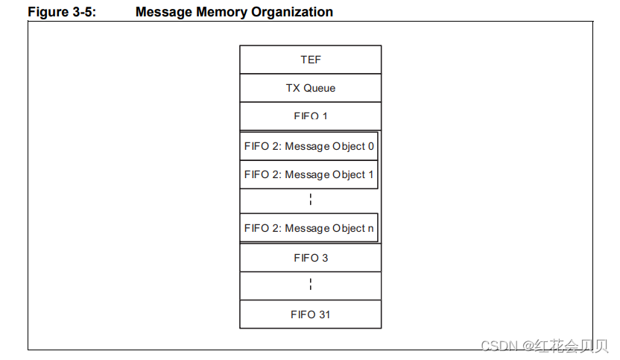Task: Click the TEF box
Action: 310,60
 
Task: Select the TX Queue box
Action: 310,88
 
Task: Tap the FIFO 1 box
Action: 310,116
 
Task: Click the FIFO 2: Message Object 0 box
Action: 309,146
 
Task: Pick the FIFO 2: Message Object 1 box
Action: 309,174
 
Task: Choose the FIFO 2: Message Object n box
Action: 309,228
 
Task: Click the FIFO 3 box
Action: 310,258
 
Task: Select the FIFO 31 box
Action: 310,315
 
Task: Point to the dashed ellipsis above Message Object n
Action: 310,200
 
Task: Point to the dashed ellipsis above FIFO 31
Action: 310,285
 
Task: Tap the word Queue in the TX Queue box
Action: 320,88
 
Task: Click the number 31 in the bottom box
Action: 324,315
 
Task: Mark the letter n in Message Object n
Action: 370,228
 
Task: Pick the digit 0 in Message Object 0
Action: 370,146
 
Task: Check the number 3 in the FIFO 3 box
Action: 325,258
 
